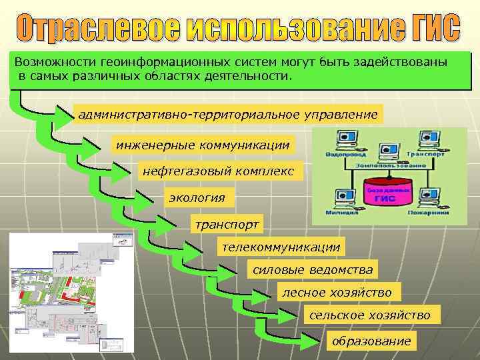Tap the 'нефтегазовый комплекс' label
[x=218, y=171]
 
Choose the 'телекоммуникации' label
[x=281, y=247]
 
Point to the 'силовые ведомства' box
[x=312, y=270]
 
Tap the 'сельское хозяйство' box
[x=369, y=315]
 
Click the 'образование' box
[x=371, y=341]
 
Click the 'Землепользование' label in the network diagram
[x=389, y=165]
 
